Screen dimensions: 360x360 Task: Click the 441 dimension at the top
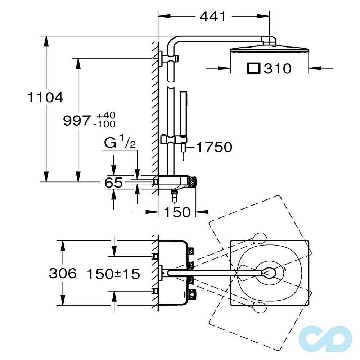213,17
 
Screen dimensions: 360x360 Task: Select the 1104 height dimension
45,97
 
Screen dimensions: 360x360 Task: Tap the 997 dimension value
77,121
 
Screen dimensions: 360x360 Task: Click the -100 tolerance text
104,124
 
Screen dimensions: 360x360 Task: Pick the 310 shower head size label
278,68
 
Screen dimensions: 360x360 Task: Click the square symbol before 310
253,68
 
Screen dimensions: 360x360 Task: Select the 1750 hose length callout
215,147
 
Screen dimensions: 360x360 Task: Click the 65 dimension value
113,183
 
